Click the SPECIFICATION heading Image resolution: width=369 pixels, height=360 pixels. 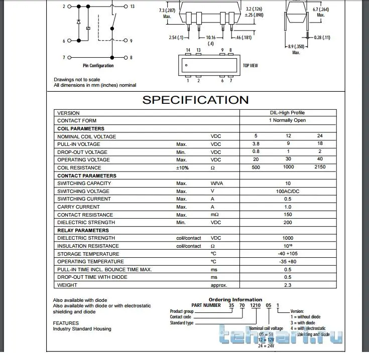coord(195,99)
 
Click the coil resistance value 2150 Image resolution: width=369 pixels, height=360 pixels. coord(320,167)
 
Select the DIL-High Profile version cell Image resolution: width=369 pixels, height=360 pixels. coord(288,113)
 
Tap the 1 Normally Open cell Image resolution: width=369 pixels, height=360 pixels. coord(288,120)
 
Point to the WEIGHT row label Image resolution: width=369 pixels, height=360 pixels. coord(67,285)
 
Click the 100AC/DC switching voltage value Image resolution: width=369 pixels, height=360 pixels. coord(288,191)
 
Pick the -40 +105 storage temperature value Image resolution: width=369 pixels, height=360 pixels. coord(288,254)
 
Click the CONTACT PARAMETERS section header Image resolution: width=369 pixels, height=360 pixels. coord(86,175)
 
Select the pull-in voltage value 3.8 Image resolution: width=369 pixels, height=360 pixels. coord(256,144)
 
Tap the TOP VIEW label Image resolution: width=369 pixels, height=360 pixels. coord(251,66)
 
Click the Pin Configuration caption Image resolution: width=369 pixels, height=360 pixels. coord(98,66)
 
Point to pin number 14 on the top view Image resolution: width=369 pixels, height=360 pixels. coord(188,50)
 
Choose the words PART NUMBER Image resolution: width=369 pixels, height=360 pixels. coord(206,305)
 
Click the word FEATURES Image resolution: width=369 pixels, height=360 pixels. coord(66,323)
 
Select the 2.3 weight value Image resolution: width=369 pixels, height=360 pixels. coord(288,285)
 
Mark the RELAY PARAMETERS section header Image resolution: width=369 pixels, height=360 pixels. coord(83,230)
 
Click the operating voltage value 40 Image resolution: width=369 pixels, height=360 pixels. coord(320,159)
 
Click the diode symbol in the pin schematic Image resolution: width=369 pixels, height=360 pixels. coord(79,23)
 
